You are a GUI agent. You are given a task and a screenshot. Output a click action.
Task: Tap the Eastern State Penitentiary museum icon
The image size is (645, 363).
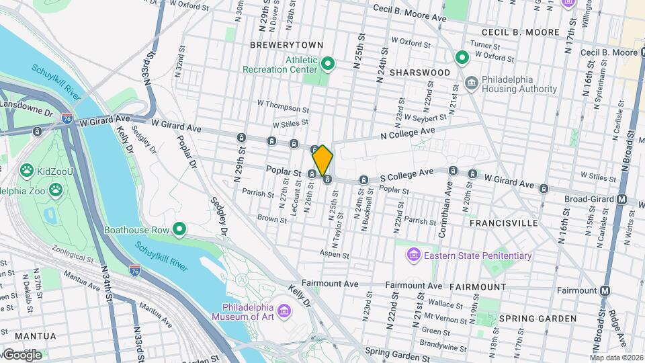click(413, 255)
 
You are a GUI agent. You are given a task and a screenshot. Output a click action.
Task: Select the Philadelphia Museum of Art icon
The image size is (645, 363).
click(284, 311)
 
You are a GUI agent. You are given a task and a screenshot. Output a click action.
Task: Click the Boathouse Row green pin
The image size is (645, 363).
click(179, 230)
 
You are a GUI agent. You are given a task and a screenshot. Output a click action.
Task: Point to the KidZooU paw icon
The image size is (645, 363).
click(27, 171)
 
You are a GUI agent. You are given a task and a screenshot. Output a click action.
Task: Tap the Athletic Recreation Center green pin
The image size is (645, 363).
click(328, 64)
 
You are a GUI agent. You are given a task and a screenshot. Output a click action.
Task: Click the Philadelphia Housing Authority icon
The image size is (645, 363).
click(472, 83)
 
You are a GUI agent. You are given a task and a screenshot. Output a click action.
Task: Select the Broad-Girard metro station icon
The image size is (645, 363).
click(621, 199)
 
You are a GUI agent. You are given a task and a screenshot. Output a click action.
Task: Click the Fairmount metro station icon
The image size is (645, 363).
click(605, 290)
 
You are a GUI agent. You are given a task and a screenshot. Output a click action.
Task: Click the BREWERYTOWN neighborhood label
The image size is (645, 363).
click(286, 45)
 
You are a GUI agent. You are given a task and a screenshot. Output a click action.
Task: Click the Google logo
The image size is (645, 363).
click(21, 355)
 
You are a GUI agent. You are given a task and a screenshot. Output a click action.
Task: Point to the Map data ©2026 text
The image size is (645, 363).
click(616, 358)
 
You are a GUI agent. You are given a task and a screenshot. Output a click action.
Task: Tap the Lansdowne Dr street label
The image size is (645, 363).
click(26, 105)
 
